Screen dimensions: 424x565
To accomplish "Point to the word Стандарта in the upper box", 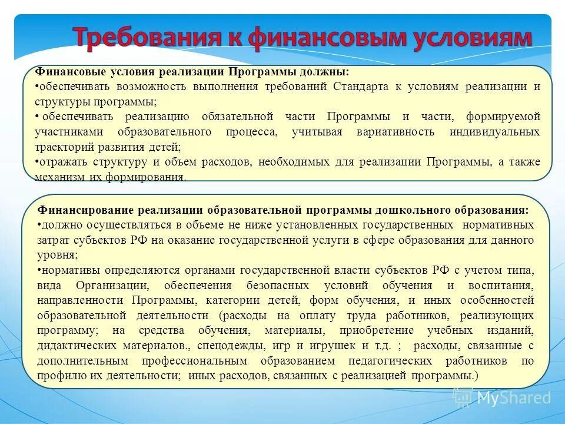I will (360, 86).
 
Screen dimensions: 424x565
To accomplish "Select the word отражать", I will (60, 161).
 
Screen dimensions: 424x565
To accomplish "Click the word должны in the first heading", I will (326, 71).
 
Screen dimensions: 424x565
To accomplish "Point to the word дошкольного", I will (410, 210).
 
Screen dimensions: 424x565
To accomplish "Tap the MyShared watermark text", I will (514, 397).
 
